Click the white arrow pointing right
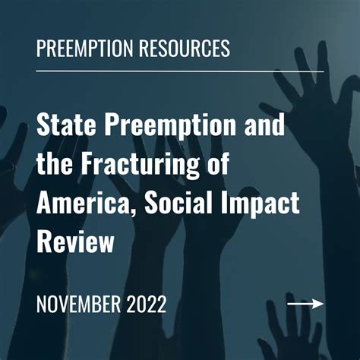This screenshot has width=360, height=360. click(305, 304)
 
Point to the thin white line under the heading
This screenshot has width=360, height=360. click(179, 71)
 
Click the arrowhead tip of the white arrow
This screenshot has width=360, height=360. click(322, 304)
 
